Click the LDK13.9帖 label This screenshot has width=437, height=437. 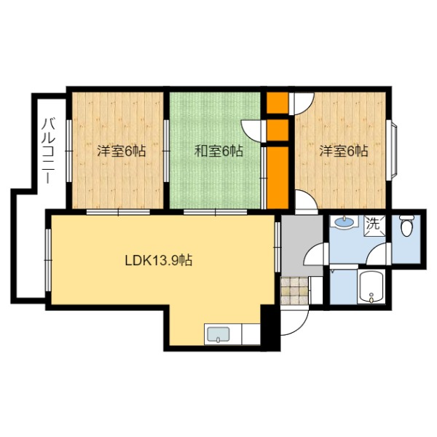(x=159, y=261)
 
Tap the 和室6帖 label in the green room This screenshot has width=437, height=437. (x=219, y=151)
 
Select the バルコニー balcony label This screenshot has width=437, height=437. (x=49, y=151)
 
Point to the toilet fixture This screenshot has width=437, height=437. (x=406, y=226)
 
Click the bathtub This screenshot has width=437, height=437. (x=371, y=287)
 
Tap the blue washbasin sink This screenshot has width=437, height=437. (x=344, y=222)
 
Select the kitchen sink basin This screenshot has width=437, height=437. (x=219, y=334)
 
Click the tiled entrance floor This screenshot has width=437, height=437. (x=295, y=291)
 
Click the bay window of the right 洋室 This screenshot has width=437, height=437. (x=393, y=151)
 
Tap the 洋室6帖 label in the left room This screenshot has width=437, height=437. (x=121, y=151)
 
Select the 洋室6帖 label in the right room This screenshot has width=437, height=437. (x=343, y=151)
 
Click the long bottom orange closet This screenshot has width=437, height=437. (x=277, y=178)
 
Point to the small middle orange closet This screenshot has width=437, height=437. (x=277, y=130)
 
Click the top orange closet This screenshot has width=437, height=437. (x=277, y=103)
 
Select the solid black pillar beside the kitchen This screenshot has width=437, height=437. (x=269, y=328)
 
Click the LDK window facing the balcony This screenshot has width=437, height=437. (x=49, y=260)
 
